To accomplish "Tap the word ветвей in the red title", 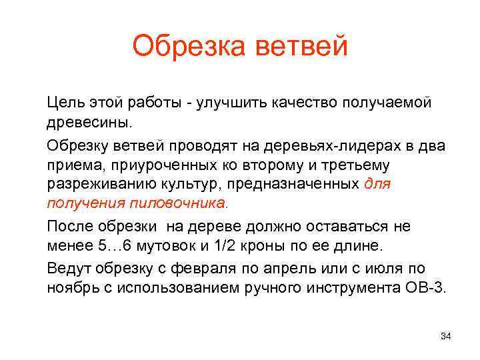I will [x=299, y=47].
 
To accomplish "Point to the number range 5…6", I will [x=110, y=246].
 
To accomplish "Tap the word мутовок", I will [x=163, y=246].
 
